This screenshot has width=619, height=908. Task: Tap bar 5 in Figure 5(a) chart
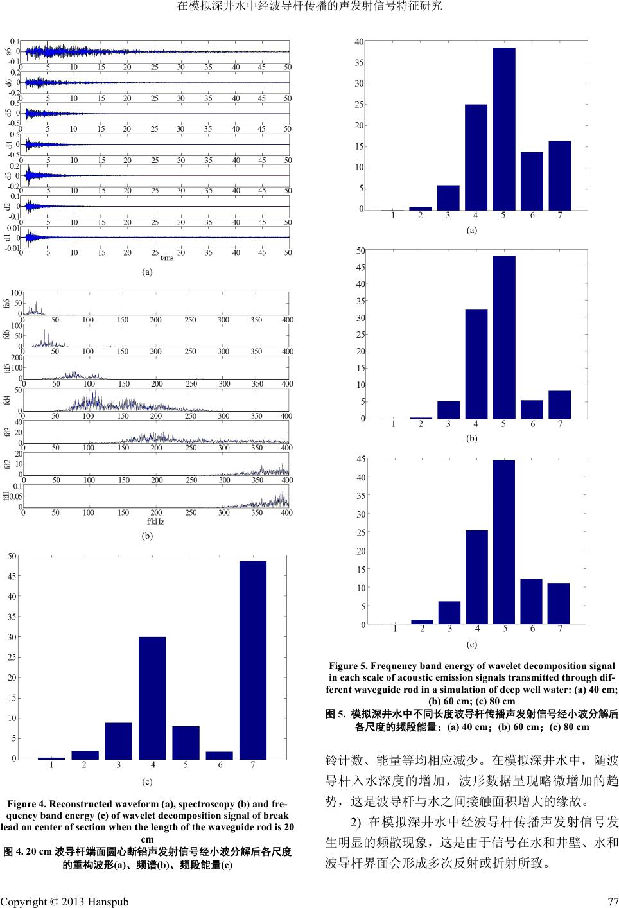pos(503,128)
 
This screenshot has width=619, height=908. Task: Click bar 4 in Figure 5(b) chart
pos(476,363)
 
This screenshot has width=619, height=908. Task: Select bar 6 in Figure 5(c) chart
pos(531,601)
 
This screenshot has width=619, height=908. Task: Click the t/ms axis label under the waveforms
pos(167,258)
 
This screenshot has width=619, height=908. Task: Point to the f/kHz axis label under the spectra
pos(156,521)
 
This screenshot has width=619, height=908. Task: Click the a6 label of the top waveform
pos(8,51)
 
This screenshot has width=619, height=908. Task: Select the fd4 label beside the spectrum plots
pos(8,399)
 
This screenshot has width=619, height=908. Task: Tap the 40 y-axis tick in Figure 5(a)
pos(360,41)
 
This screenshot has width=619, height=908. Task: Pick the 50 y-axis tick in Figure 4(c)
pos(12,556)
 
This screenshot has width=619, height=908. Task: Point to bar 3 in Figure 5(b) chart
pos(448,410)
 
